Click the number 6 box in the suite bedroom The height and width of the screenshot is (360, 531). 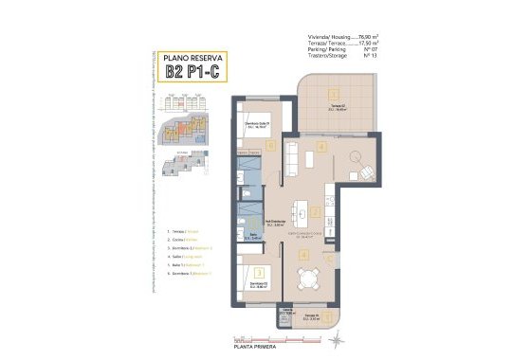tap(271, 146)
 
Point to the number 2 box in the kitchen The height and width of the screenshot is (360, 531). tap(314, 213)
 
